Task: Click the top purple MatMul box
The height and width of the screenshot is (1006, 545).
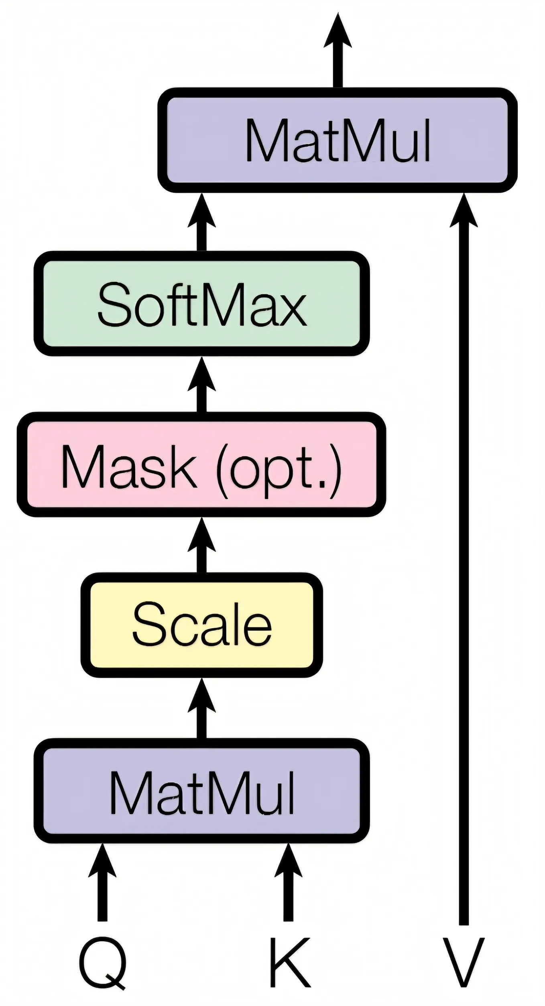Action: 338,140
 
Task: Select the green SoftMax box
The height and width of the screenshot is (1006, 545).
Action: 201,303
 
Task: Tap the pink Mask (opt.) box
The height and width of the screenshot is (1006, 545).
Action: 201,464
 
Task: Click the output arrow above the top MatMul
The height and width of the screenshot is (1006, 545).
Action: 338,52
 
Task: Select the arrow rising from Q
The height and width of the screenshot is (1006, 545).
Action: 103,879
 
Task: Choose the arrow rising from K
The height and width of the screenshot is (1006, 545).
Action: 288,879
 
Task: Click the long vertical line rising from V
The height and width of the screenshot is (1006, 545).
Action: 464,562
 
